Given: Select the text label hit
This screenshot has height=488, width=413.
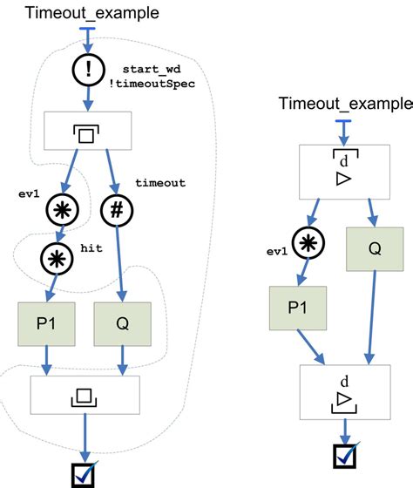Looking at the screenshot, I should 92,248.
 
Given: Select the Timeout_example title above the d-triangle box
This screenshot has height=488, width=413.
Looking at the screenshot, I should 346,104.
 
